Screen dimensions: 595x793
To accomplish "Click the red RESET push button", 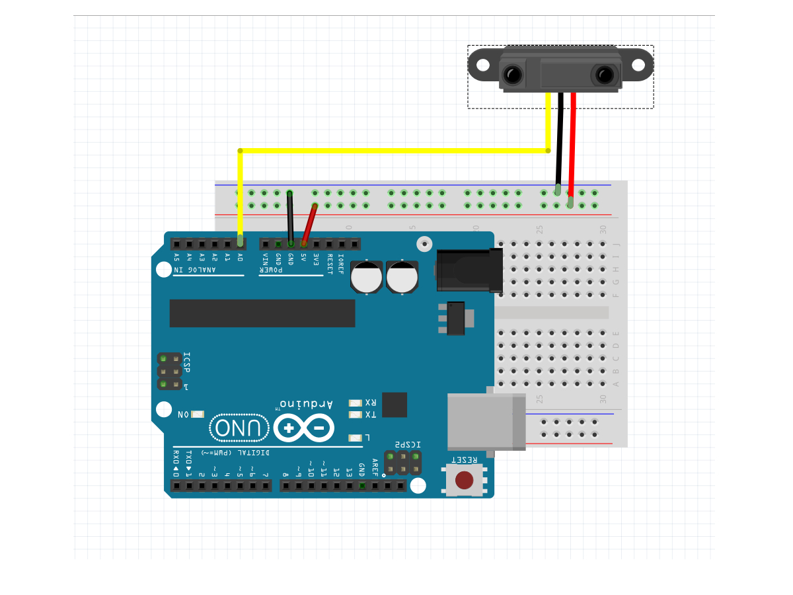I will point(465,479).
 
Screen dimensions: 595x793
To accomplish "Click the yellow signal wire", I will point(397,151).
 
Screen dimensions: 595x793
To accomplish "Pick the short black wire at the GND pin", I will point(289,218).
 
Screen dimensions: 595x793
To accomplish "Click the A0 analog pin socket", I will point(240,243).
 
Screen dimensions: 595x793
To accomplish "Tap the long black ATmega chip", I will point(262,313).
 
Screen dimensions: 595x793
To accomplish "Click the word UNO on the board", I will point(240,428).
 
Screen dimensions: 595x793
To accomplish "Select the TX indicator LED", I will point(356,415).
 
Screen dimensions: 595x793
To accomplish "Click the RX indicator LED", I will point(356,403).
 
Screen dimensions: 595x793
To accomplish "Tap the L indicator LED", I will point(356,438).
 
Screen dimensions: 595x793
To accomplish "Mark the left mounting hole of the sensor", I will point(483,65).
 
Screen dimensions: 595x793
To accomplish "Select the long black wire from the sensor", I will point(560,139).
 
